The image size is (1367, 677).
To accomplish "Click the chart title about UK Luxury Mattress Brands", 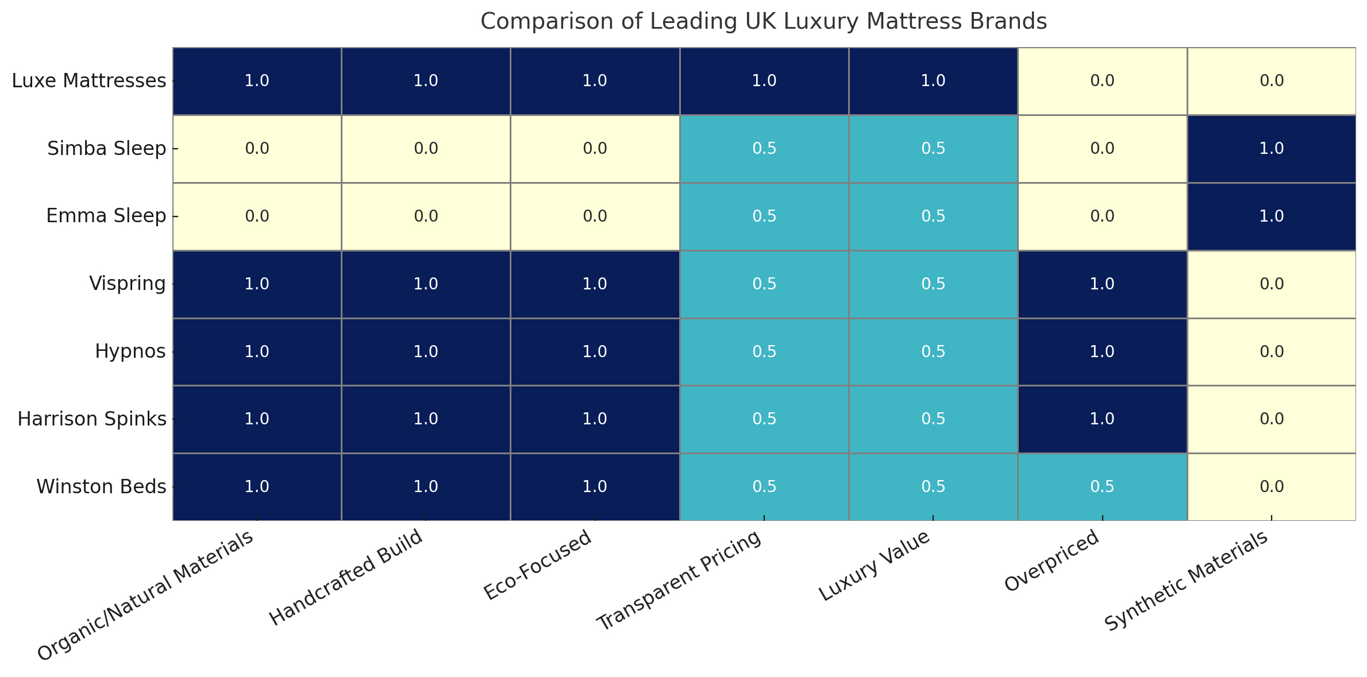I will click(764, 22).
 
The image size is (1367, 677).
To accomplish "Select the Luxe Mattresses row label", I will click(89, 81).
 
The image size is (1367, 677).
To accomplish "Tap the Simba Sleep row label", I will click(106, 149).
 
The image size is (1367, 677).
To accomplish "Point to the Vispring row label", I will click(128, 284).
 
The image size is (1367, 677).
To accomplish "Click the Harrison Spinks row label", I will click(92, 419).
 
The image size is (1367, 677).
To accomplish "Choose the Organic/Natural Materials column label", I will click(145, 597).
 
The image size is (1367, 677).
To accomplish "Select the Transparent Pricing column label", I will click(679, 581).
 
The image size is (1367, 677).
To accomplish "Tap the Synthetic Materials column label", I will click(1186, 581).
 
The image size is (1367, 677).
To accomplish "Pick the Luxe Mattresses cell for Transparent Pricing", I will click(764, 81).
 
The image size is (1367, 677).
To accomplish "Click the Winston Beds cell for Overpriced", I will click(1102, 487).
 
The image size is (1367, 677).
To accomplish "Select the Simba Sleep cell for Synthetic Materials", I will click(1271, 149).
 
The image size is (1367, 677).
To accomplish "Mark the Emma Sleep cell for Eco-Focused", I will click(595, 216).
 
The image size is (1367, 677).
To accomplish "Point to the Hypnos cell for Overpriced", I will click(1102, 351).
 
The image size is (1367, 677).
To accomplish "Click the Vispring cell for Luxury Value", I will click(933, 284).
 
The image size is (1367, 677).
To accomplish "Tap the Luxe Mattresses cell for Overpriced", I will click(1102, 81).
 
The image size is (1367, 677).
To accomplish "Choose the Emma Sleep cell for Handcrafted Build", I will click(426, 216).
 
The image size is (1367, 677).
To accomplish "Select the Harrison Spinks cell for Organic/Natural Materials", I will click(257, 419).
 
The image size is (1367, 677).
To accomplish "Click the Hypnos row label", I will click(130, 351).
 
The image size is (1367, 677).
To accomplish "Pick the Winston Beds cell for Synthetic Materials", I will click(1271, 487).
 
